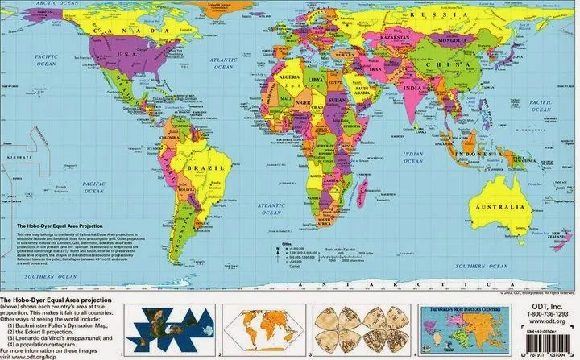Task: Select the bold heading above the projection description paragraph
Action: click(57, 228)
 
